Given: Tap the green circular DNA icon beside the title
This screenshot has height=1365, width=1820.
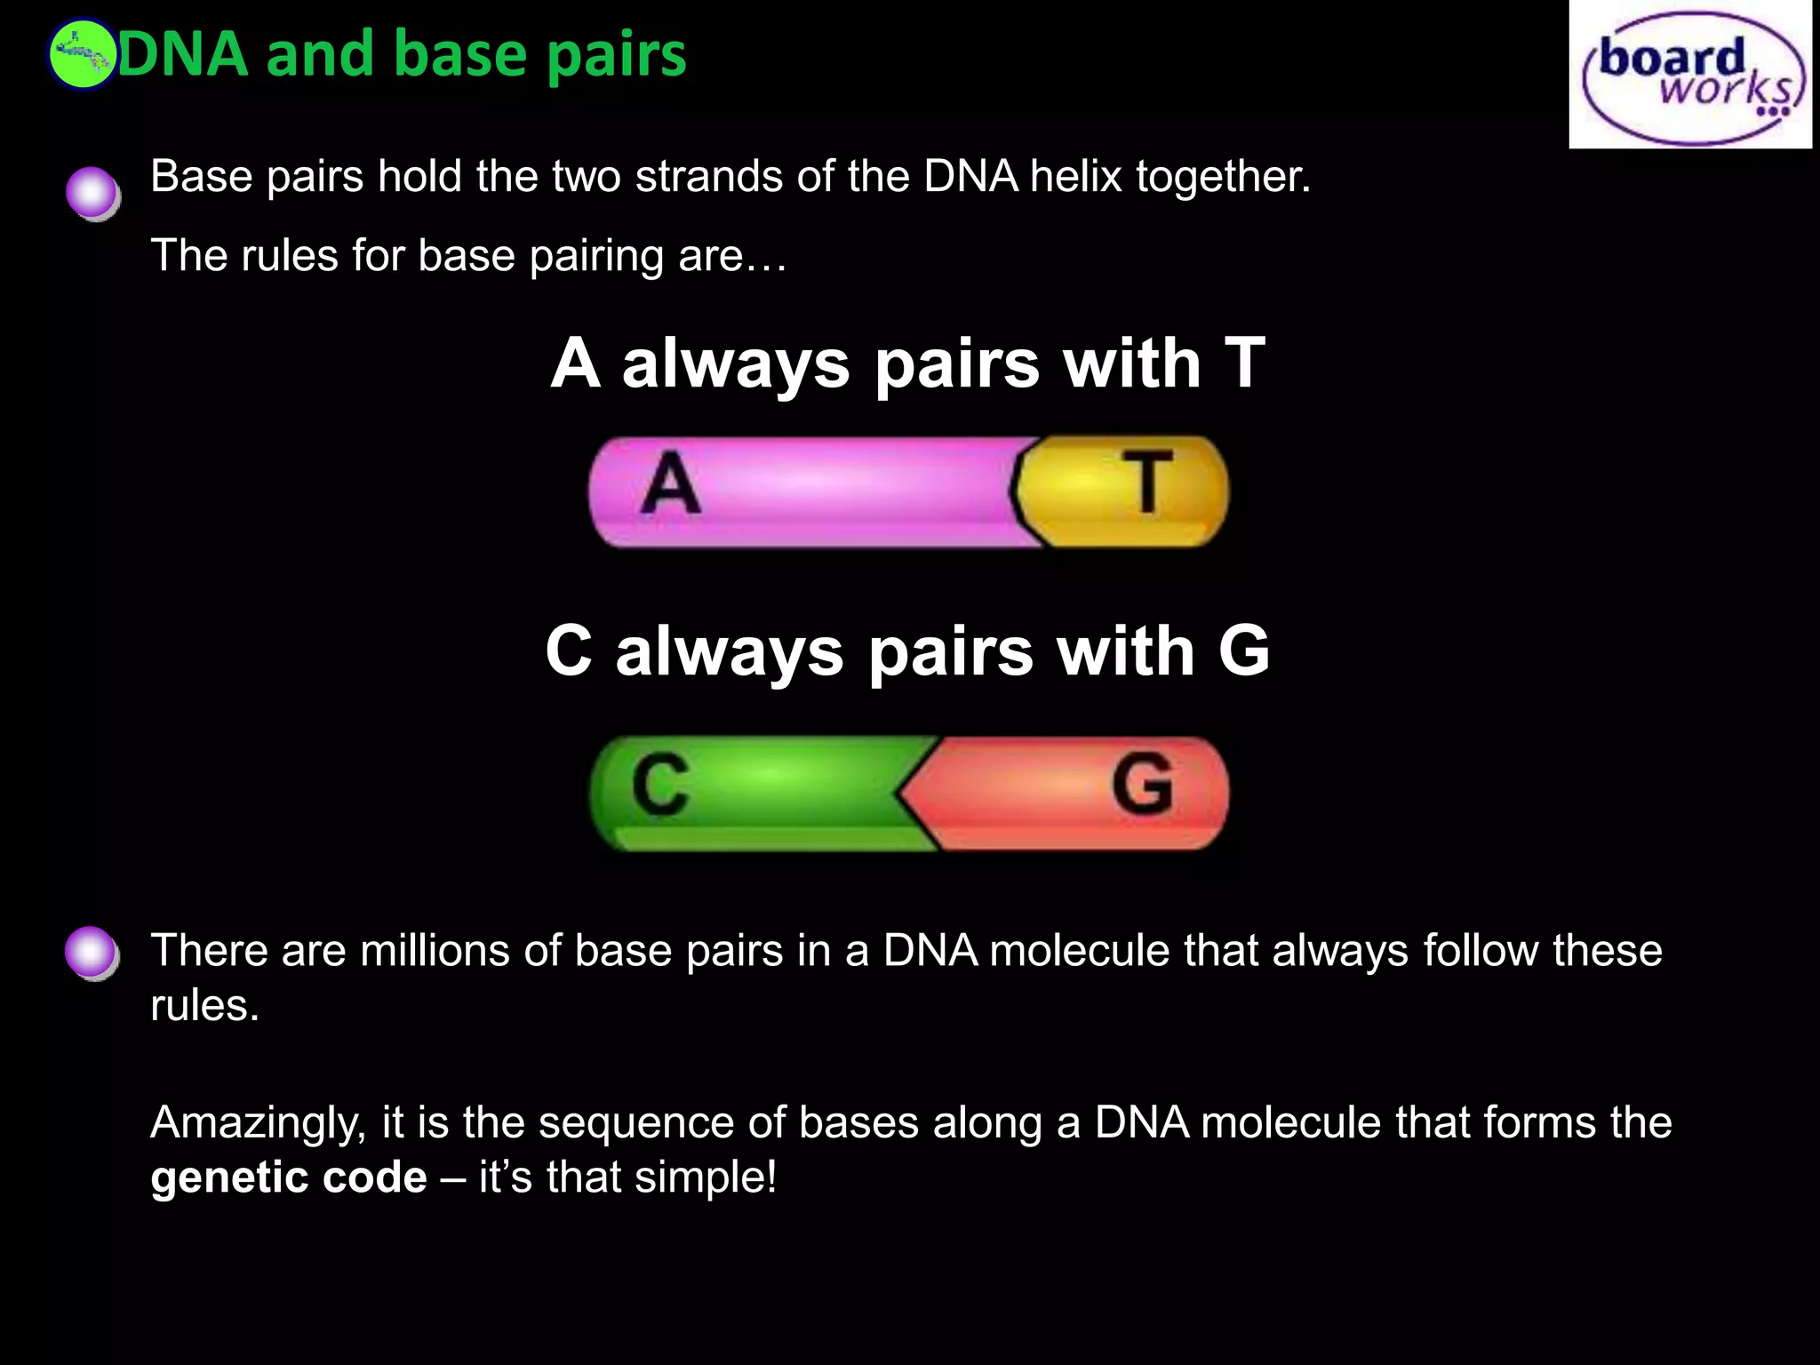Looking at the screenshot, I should (81, 55).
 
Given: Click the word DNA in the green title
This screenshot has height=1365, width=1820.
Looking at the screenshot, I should (182, 55).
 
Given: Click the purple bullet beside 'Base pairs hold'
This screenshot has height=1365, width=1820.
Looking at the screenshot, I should (92, 193).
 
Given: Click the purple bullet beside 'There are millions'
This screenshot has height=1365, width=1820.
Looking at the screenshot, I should (92, 953).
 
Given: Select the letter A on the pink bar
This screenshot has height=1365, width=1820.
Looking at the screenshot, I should (671, 485).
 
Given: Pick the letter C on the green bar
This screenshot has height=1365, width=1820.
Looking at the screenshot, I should (660, 785).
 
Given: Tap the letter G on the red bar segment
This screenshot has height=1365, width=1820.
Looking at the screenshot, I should (1142, 785).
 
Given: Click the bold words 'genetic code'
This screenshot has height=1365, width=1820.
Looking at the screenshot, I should (289, 1177).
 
